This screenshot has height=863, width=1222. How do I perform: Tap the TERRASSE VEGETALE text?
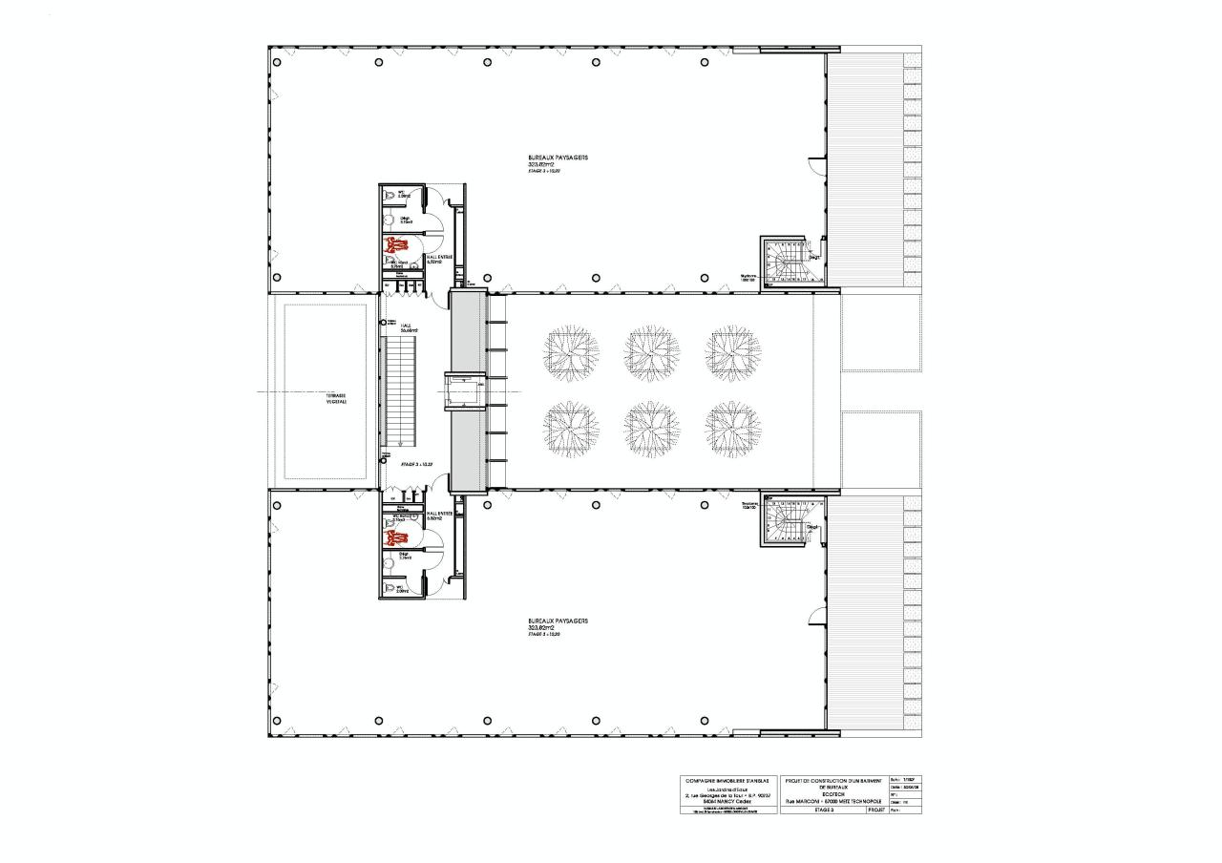335,399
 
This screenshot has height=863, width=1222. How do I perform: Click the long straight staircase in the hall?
399,390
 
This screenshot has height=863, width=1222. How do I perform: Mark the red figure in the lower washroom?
391,537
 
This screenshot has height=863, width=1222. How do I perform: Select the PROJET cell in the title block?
876,810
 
